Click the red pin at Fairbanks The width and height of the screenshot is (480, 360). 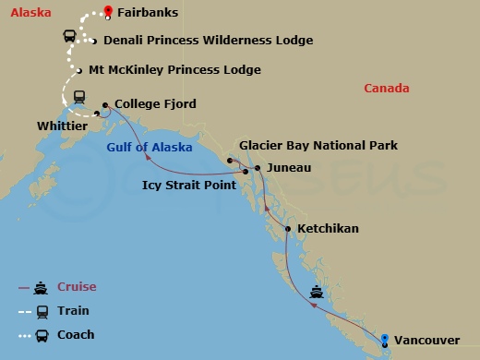point(108,12)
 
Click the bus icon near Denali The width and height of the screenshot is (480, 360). point(70,37)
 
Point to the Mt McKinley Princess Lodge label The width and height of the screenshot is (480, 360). point(174,70)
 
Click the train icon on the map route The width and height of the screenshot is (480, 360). point(80,94)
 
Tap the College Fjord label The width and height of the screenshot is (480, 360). point(155,105)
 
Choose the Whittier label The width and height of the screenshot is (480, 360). point(63,126)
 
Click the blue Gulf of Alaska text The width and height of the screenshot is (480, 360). point(150,148)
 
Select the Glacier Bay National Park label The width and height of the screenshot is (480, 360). point(318,146)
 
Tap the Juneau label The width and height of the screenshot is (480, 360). point(288,168)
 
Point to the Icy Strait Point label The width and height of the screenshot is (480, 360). point(194,185)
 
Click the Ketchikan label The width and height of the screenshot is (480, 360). point(330,228)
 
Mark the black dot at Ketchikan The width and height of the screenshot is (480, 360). point(288,228)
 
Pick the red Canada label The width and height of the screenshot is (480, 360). point(386,89)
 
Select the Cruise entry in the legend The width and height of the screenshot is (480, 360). point(77,287)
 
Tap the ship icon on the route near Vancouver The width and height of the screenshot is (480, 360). point(317,293)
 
